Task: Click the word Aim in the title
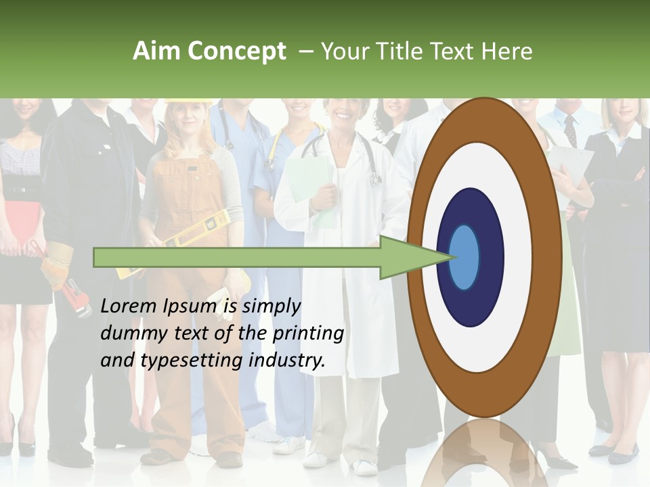tap(156, 51)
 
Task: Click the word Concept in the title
tap(236, 51)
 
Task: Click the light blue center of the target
tap(464, 257)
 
